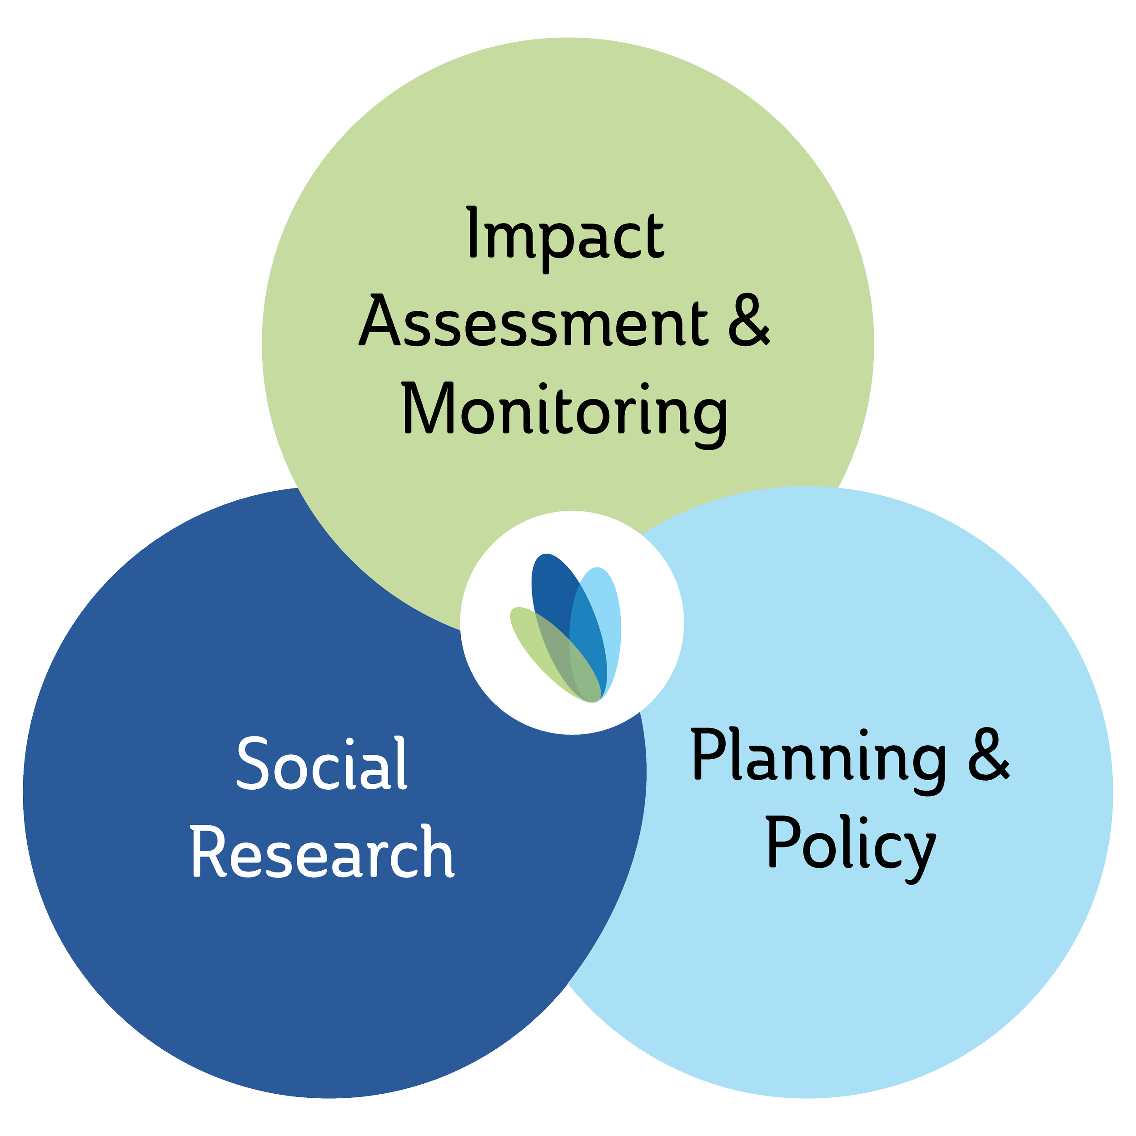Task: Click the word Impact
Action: (x=565, y=235)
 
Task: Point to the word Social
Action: (x=322, y=764)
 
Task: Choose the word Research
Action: (x=322, y=852)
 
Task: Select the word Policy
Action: (x=851, y=847)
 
